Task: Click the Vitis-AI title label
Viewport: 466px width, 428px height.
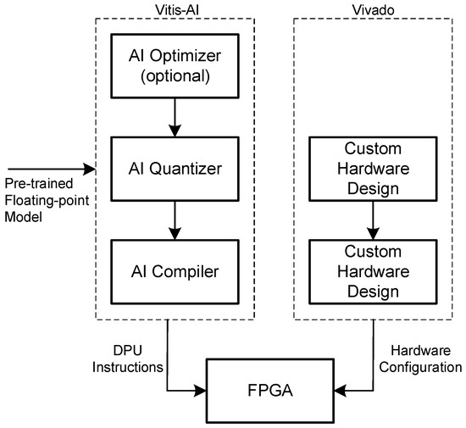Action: (173, 8)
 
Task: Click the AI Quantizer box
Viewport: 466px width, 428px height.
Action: (173, 169)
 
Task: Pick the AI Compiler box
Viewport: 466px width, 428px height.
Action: (173, 271)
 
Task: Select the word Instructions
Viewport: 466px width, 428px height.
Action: (127, 367)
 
